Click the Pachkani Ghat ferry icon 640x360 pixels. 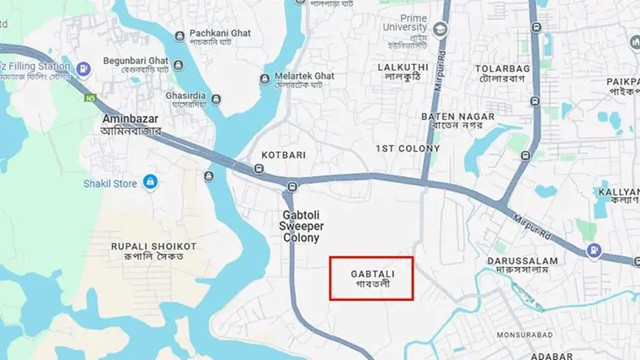(x=179, y=35)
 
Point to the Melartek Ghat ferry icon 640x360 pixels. (x=265, y=77)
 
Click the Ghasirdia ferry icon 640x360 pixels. (x=178, y=65)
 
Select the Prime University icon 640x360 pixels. (x=440, y=27)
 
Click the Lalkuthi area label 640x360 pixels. (x=404, y=73)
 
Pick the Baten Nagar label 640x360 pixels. (x=458, y=122)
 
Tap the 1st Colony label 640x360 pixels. (x=407, y=148)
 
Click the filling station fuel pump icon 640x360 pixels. (x=83, y=68)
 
